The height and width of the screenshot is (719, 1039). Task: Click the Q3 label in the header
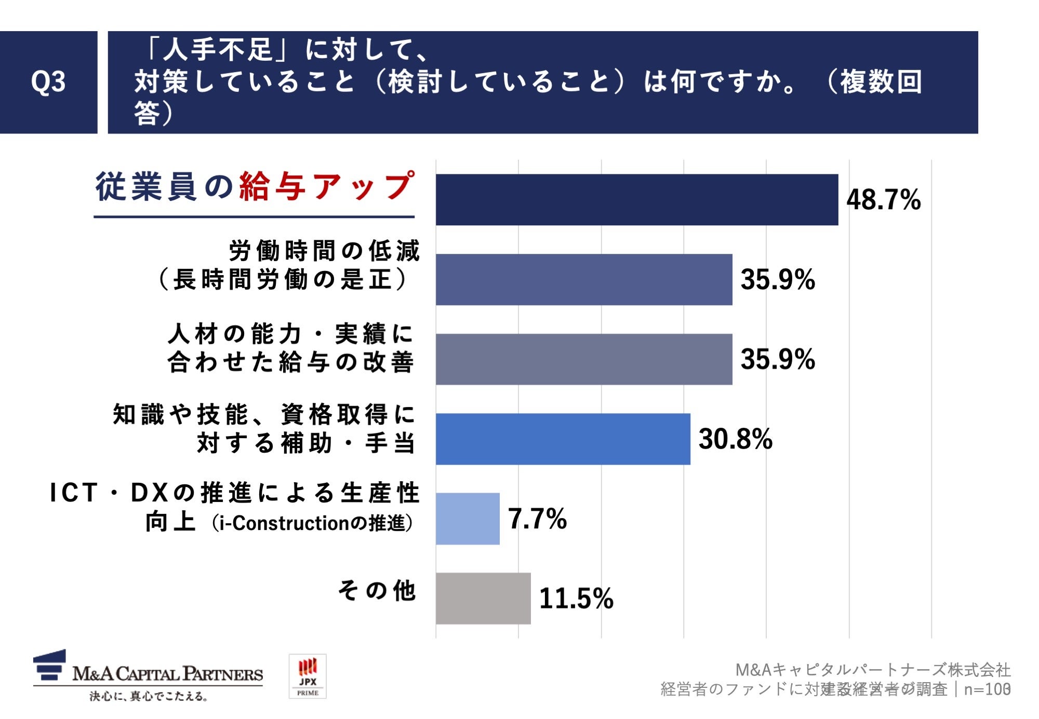(48, 82)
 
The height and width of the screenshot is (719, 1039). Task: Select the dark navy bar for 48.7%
(636, 200)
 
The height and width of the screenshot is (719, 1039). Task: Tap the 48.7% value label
(883, 200)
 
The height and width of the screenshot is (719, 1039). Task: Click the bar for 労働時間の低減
(583, 279)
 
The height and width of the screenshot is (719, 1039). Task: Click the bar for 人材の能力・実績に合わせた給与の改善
(583, 359)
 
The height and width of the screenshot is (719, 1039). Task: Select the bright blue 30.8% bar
(563, 439)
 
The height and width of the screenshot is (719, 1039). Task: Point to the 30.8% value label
(735, 439)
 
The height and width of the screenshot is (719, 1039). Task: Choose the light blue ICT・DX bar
(468, 519)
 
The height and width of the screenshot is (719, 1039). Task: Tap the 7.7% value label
(537, 519)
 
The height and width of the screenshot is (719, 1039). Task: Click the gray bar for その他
(483, 598)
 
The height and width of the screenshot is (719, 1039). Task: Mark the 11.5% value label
(576, 598)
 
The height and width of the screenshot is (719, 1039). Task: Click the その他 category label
(377, 590)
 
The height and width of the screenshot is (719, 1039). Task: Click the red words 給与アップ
(327, 186)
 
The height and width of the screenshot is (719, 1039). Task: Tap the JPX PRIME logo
(308, 676)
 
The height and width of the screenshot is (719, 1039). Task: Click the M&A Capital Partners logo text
(167, 674)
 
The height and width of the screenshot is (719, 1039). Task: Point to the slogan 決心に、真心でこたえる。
(149, 696)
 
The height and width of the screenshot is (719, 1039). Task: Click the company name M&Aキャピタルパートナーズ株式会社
(873, 670)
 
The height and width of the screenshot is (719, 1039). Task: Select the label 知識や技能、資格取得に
(264, 414)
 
